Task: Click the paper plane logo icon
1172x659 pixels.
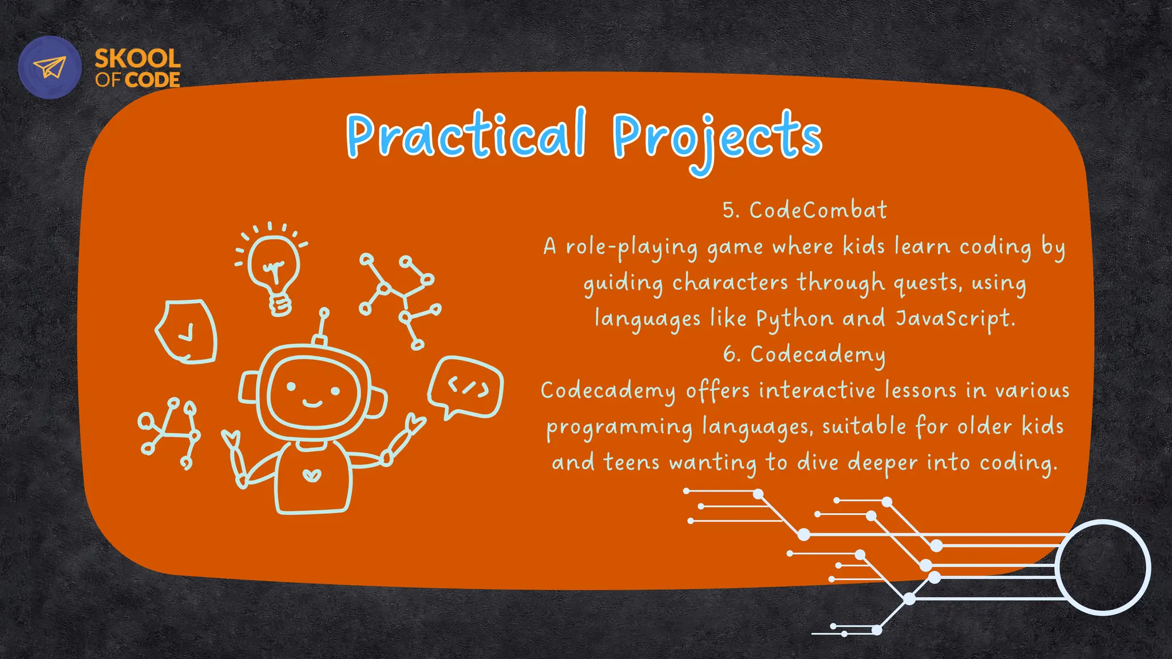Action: (x=50, y=68)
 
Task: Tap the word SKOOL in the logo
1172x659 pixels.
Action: (x=137, y=58)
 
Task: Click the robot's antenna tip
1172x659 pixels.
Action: (x=324, y=313)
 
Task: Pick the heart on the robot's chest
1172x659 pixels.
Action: (x=311, y=475)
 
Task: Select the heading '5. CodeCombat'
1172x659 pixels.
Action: (x=805, y=211)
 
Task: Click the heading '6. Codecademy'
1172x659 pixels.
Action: (x=804, y=355)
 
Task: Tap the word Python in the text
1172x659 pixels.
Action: (x=794, y=319)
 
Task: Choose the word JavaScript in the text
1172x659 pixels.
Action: (x=955, y=319)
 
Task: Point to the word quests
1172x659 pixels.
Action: (x=928, y=283)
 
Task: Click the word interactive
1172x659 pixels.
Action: (x=817, y=390)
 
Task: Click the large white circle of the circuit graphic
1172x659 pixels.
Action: (x=1102, y=567)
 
